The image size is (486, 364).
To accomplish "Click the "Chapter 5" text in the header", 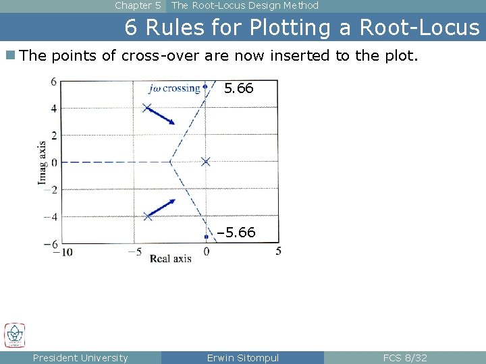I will coord(138,5).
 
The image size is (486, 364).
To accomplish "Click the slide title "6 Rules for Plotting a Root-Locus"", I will coord(302,28).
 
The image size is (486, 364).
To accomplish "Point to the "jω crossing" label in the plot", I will coord(175,88).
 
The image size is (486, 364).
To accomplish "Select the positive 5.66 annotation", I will coord(238,88).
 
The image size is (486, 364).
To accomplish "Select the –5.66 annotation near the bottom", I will coord(236,233).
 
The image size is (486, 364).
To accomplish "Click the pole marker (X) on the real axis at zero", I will coord(206,161).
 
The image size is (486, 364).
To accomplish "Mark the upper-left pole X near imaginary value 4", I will coord(148,107).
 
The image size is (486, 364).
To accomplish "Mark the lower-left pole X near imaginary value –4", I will coord(148,216).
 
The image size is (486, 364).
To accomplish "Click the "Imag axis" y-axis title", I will coord(43,162).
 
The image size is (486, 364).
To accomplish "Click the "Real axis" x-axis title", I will coord(170,258).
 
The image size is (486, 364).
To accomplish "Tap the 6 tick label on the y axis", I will coord(53,82).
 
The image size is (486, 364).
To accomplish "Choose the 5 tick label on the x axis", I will coord(279,251).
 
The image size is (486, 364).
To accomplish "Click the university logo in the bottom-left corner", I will coord(14,336).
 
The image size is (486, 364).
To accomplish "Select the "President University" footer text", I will coord(80,358).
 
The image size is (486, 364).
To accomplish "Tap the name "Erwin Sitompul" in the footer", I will coord(242,358).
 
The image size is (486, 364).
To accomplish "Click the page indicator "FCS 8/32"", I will coord(405,358).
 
